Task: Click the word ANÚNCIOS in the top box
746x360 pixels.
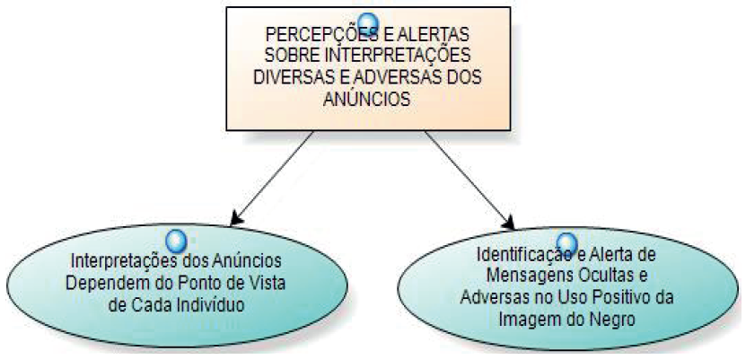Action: point(366,99)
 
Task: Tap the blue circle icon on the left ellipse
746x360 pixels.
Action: point(177,240)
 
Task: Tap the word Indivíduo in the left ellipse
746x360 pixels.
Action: point(215,304)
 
